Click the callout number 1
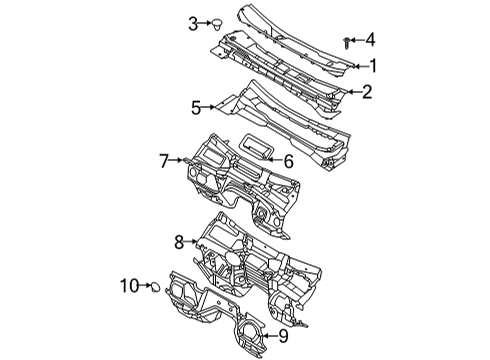tap(373, 66)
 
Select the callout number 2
tap(367, 92)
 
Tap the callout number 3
tap(194, 22)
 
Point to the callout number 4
tap(370, 40)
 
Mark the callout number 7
tap(163, 159)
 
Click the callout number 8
tap(179, 241)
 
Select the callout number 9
tap(283, 335)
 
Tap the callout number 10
tap(129, 286)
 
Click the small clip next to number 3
tap(218, 22)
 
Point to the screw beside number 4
tap(346, 41)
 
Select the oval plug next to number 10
tap(157, 289)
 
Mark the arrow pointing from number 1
tap(358, 66)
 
